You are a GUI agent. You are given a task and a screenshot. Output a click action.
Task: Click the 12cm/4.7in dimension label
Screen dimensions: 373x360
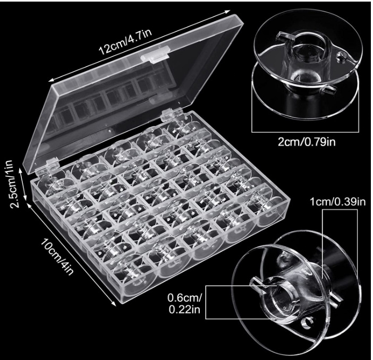125,41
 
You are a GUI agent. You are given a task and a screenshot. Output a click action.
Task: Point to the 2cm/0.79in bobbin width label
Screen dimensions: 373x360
307,142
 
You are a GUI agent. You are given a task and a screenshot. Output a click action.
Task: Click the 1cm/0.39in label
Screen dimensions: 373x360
337,202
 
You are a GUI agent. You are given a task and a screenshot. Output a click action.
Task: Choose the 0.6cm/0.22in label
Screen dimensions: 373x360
185,304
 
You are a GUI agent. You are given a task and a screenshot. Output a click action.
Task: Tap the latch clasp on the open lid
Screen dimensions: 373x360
155,55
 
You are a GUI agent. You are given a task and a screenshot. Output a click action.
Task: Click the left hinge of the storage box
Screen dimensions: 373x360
49,164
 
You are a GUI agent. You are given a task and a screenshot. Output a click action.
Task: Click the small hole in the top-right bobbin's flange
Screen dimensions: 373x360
341,57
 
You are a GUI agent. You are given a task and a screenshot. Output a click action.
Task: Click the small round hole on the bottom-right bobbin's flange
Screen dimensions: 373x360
307,324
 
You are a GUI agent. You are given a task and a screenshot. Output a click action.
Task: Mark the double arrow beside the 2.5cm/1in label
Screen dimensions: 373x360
24,184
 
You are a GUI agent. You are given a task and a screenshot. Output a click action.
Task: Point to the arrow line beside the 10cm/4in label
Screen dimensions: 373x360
71,254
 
